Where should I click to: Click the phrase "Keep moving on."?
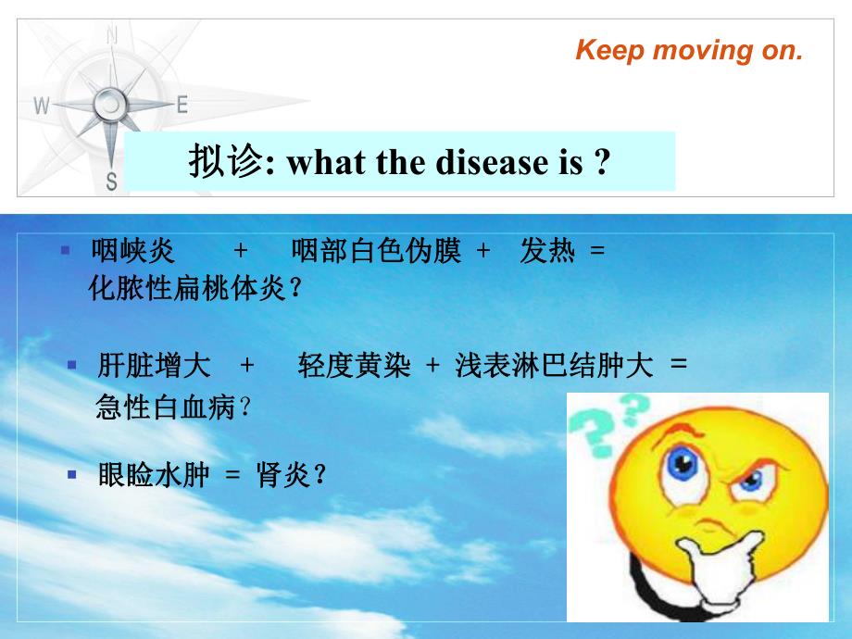(689, 50)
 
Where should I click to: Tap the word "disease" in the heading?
(479, 162)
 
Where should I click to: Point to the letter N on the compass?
(112, 37)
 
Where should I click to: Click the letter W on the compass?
(41, 106)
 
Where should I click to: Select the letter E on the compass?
(182, 105)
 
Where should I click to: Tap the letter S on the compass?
(112, 182)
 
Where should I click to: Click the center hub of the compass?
(110, 104)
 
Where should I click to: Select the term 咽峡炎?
(132, 251)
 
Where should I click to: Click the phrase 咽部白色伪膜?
(375, 251)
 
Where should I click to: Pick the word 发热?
(546, 251)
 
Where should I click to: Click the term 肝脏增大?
(154, 367)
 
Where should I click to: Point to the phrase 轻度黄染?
(354, 367)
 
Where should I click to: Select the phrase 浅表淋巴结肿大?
(554, 367)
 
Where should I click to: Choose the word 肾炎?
(282, 476)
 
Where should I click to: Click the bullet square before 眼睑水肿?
(71, 474)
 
